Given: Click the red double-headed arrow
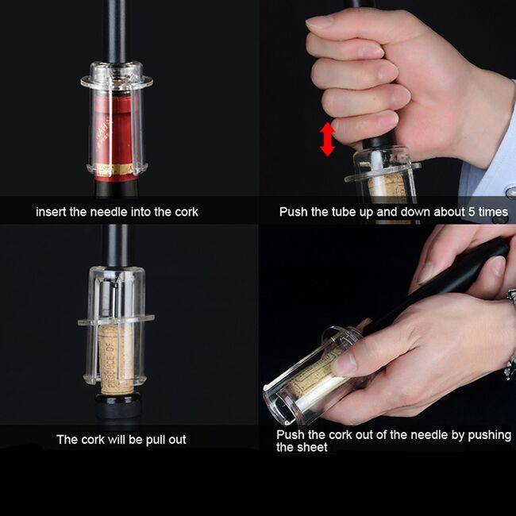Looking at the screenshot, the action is [x=327, y=139].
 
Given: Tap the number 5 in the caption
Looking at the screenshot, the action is [x=472, y=212].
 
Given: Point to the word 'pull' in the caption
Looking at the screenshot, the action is [x=156, y=440].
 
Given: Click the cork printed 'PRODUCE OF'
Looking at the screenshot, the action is [x=116, y=360].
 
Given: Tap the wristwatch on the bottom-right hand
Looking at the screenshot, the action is [x=510, y=333].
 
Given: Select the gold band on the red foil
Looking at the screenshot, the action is [x=115, y=169].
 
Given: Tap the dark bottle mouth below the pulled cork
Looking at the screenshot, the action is [x=116, y=406].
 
